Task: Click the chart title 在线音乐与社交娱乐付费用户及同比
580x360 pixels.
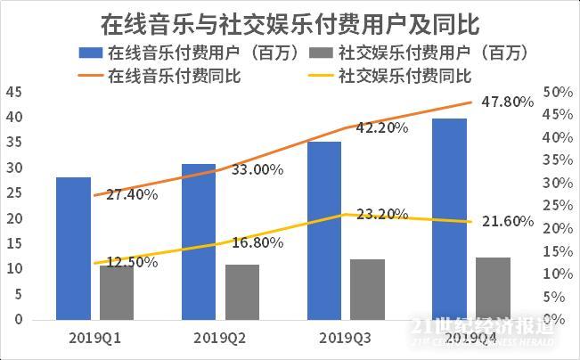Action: tap(290, 19)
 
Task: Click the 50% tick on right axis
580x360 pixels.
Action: tap(556, 92)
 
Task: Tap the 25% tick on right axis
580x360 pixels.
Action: tap(556, 205)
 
